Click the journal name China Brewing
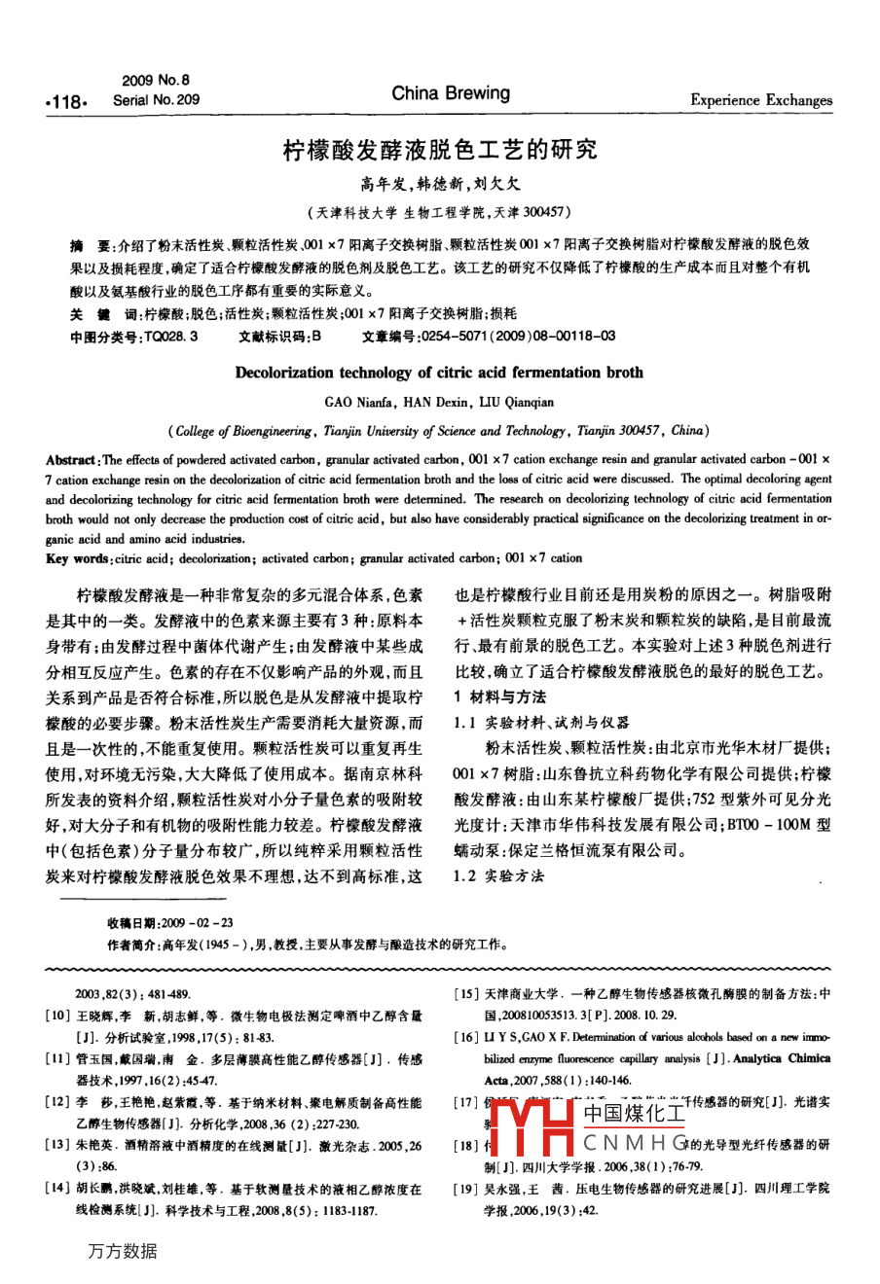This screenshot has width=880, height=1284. [450, 93]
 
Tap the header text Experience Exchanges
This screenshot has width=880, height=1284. [761, 99]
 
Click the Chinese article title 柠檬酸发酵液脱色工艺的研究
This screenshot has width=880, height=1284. [439, 150]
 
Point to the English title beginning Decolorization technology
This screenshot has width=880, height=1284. [439, 372]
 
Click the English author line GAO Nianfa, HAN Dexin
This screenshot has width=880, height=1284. [439, 401]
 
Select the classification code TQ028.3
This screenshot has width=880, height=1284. [171, 336]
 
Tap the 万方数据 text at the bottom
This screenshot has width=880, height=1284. [122, 1251]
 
